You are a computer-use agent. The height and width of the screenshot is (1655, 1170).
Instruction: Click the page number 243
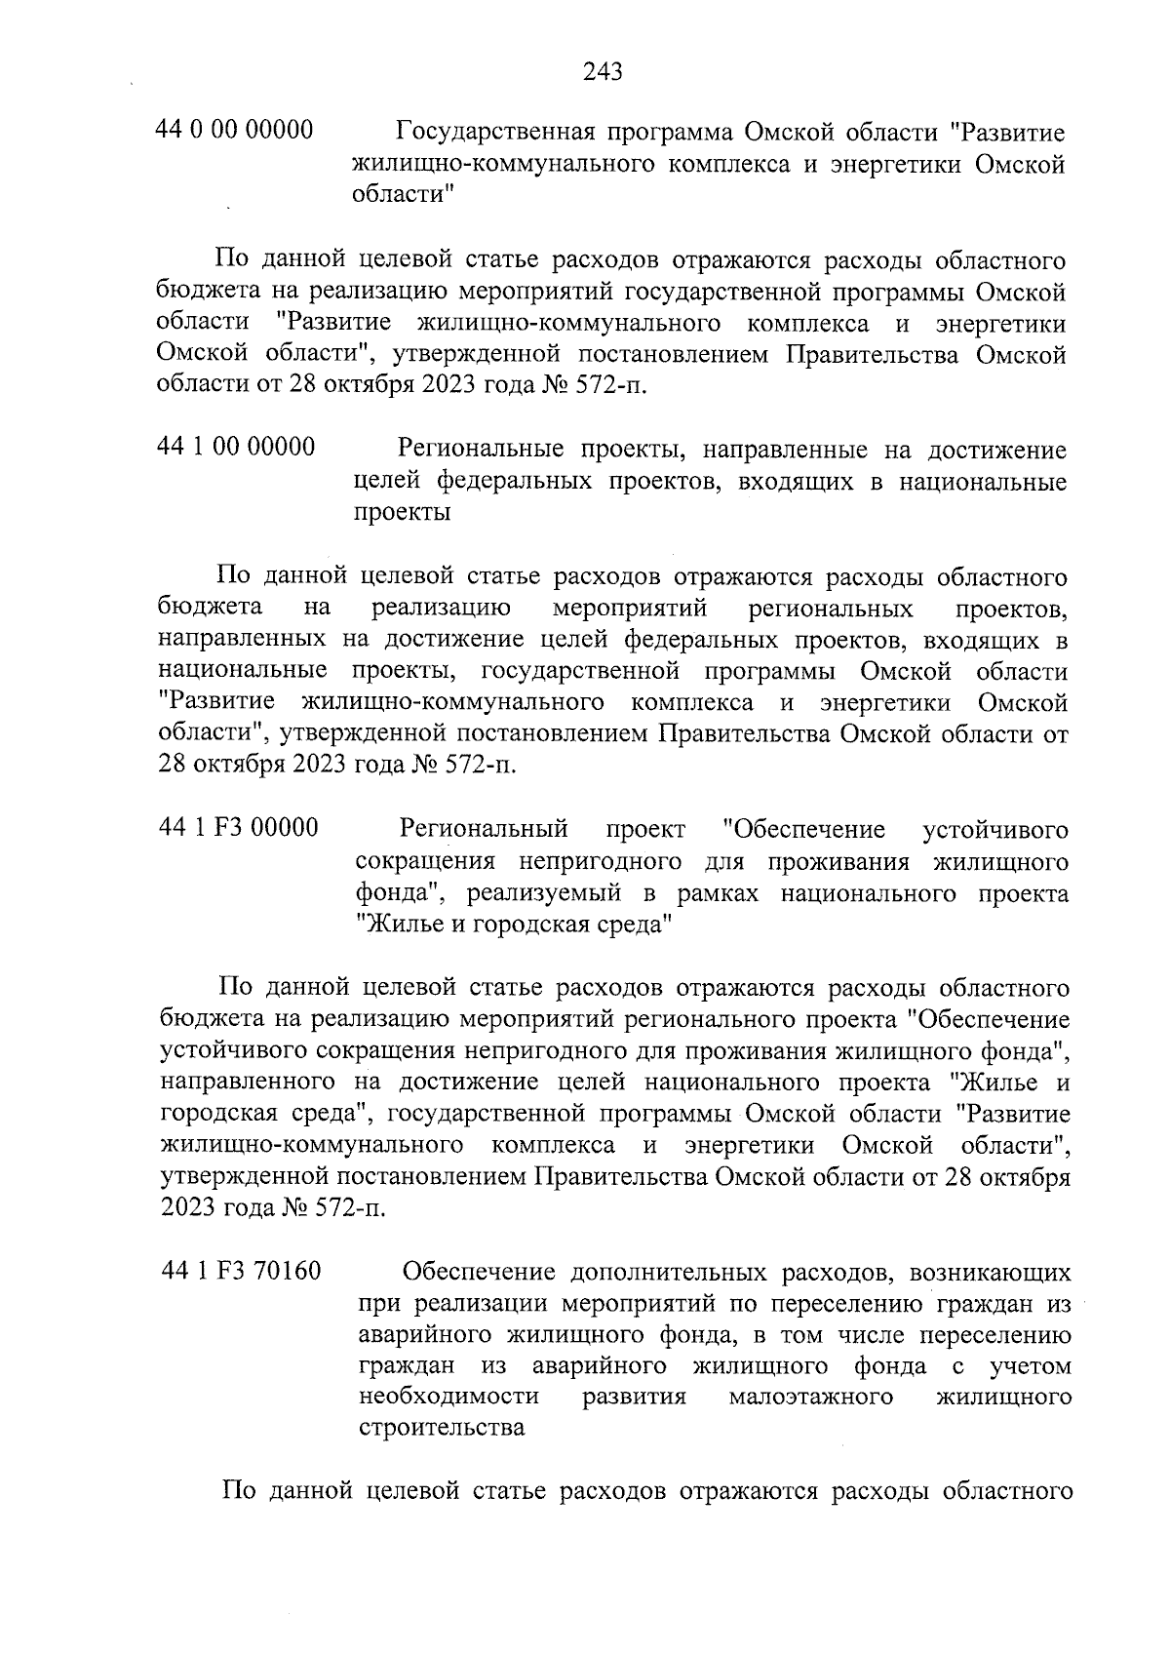coord(603,71)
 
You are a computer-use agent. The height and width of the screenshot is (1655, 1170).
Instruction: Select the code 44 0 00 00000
coord(235,130)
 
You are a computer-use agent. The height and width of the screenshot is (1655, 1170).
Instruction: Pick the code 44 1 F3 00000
coord(238,828)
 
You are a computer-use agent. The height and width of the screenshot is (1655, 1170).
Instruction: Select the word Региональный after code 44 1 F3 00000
coord(484,830)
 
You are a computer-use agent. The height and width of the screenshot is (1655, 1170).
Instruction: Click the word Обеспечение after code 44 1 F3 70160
coord(480,1273)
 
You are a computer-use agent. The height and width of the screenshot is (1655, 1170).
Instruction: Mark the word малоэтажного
coord(811,1397)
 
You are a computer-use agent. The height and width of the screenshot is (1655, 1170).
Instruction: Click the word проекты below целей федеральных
coord(401,513)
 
